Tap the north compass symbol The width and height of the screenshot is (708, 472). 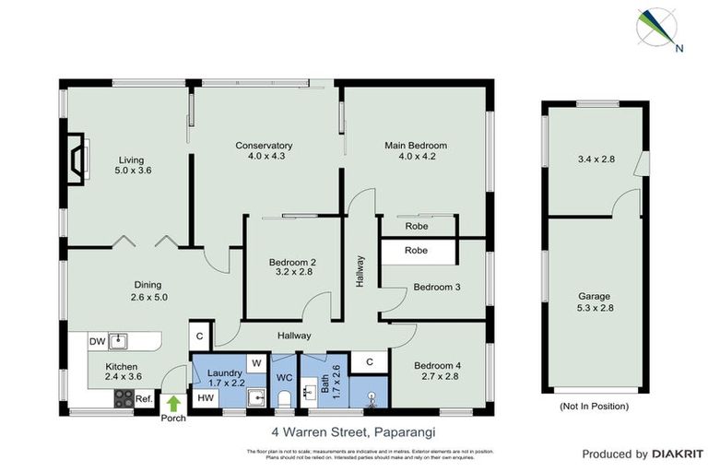[658, 29]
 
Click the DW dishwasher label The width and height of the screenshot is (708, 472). [97, 342]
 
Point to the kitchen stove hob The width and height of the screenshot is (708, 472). [123, 397]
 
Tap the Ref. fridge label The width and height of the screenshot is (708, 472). [145, 398]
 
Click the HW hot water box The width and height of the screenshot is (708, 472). [205, 398]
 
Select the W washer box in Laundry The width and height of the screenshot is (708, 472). [256, 363]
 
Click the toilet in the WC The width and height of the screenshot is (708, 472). [285, 397]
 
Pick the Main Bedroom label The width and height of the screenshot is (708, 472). [415, 146]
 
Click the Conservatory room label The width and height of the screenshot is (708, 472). [264, 146]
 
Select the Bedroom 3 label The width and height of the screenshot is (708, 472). [436, 287]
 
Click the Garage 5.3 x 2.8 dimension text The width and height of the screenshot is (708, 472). [594, 307]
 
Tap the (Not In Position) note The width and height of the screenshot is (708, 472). [594, 406]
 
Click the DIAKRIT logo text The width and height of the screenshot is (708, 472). [678, 454]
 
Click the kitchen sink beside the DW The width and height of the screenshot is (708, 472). [119, 341]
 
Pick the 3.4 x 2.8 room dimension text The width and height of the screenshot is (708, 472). [594, 159]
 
